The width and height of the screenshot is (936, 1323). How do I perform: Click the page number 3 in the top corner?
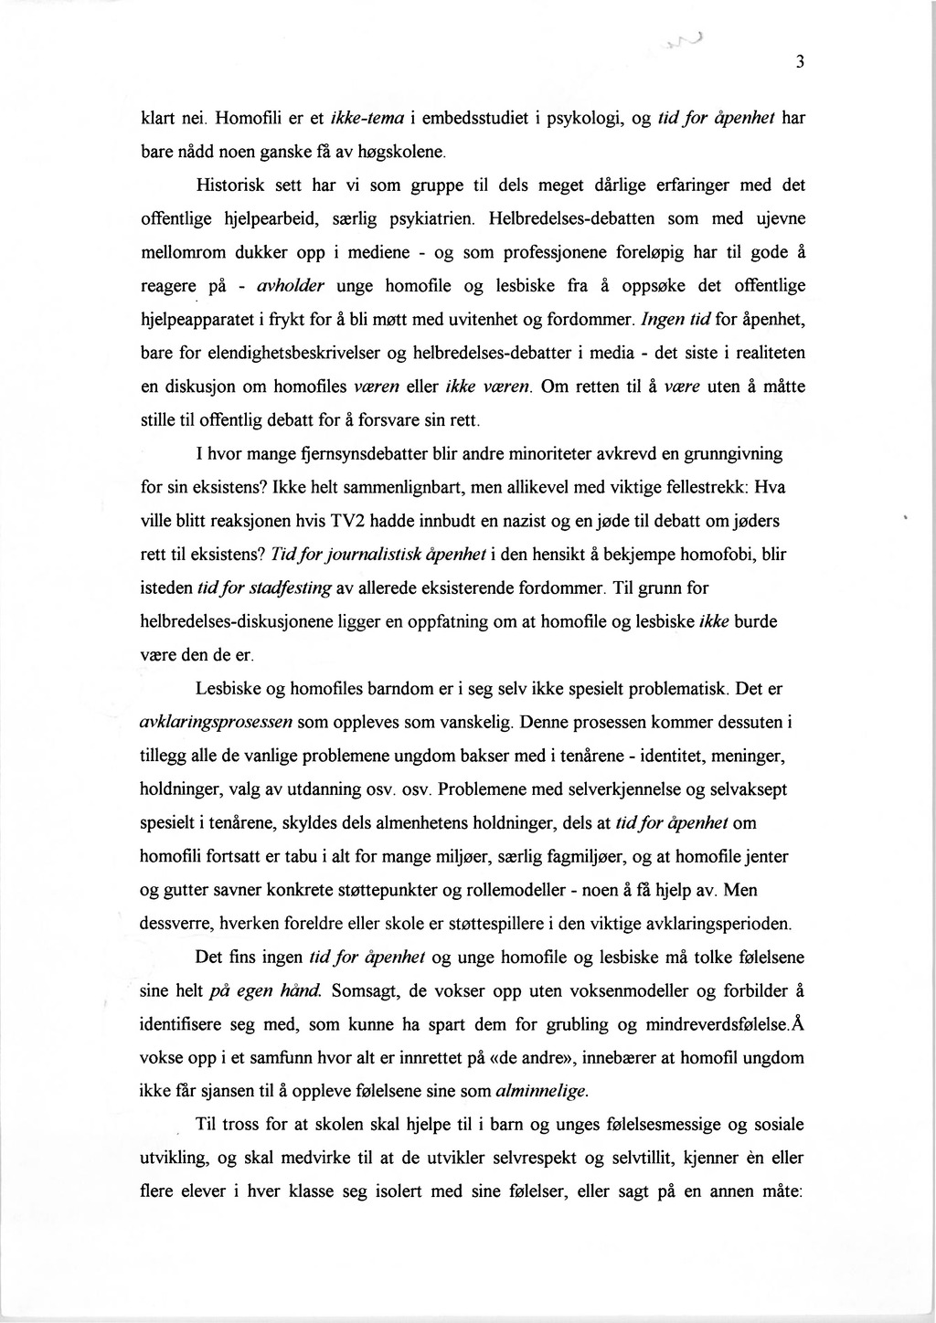(x=799, y=63)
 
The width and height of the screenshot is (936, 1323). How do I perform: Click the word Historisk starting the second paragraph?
(x=231, y=185)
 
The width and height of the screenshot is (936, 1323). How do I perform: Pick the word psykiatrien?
(x=432, y=218)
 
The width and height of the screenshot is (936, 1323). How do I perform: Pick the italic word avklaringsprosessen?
(x=216, y=723)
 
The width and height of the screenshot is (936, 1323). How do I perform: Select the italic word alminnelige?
(x=542, y=1091)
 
